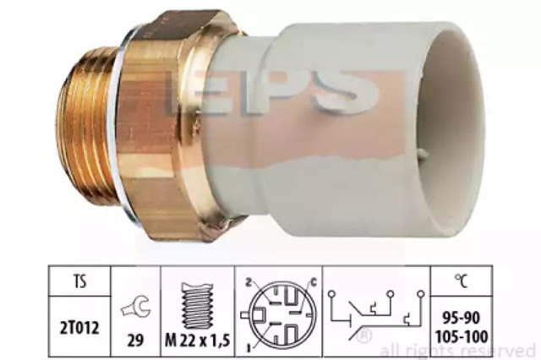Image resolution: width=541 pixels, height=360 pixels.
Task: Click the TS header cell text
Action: [79, 281]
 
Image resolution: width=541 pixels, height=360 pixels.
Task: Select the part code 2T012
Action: [79, 328]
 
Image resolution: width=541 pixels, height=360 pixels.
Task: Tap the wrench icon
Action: [135, 306]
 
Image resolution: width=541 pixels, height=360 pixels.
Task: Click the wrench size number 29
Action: [135, 341]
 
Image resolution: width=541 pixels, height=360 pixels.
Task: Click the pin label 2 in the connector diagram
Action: [248, 283]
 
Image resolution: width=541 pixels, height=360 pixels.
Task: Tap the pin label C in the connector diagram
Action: [314, 283]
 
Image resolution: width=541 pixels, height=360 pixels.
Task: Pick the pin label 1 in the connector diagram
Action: [249, 349]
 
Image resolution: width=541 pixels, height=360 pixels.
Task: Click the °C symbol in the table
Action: [462, 281]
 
